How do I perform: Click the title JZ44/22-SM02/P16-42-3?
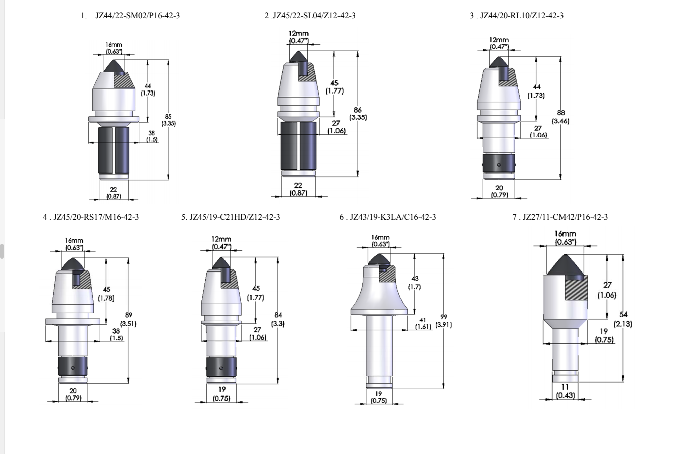tap(138, 16)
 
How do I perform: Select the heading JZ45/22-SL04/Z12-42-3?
tap(313, 16)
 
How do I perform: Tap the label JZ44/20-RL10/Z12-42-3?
tap(522, 16)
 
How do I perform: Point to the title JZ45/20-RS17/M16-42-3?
tap(96, 217)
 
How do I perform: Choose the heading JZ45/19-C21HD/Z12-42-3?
tap(235, 217)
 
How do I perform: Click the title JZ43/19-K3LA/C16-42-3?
tap(393, 217)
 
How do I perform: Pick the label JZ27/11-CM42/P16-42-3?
tap(565, 217)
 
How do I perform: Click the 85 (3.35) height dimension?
tap(168, 120)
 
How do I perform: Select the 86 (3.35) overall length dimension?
tap(358, 114)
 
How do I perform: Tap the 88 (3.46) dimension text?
tap(560, 117)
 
